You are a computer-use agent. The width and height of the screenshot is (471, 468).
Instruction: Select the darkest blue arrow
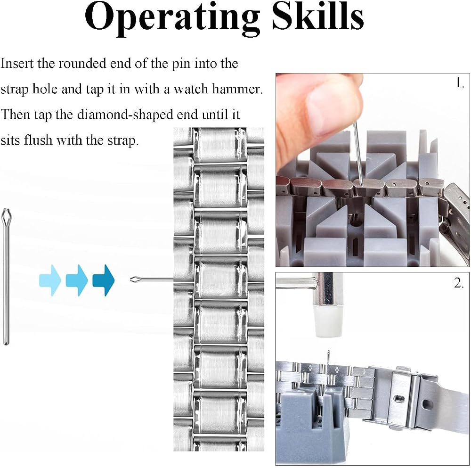104,280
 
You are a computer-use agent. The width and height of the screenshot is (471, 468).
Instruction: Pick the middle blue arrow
77,280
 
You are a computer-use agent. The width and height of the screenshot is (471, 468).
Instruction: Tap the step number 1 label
460,83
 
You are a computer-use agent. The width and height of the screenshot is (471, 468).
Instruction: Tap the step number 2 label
459,283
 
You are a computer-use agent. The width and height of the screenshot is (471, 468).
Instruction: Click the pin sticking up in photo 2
329,358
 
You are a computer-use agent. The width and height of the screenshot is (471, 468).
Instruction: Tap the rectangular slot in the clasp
399,399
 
